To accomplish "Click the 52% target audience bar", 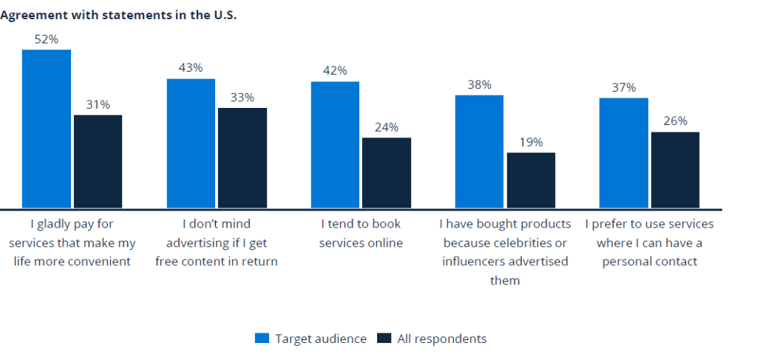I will pyautogui.click(x=47, y=129).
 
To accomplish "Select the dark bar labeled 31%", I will pyautogui.click(x=98, y=161).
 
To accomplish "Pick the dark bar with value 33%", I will pyautogui.click(x=242, y=157).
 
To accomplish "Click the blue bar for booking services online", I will pyautogui.click(x=335, y=144).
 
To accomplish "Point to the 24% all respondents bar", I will pyautogui.click(x=386, y=172).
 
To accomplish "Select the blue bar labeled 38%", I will pyautogui.click(x=479, y=151).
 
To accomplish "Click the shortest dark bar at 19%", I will pyautogui.click(x=530, y=180).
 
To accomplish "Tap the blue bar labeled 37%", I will pyautogui.click(x=623, y=152).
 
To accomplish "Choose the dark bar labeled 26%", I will pyautogui.click(x=674, y=169).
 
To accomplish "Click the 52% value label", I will pyautogui.click(x=47, y=39).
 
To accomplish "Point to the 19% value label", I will pyautogui.click(x=530, y=142).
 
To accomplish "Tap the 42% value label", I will pyautogui.click(x=335, y=71).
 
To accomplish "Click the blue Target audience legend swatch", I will pyautogui.click(x=262, y=339).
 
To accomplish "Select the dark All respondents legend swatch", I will pyautogui.click(x=384, y=339).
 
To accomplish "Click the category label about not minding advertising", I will pyautogui.click(x=217, y=242).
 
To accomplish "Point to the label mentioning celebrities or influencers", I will pyautogui.click(x=505, y=251).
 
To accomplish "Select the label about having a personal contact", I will pyautogui.click(x=650, y=242).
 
